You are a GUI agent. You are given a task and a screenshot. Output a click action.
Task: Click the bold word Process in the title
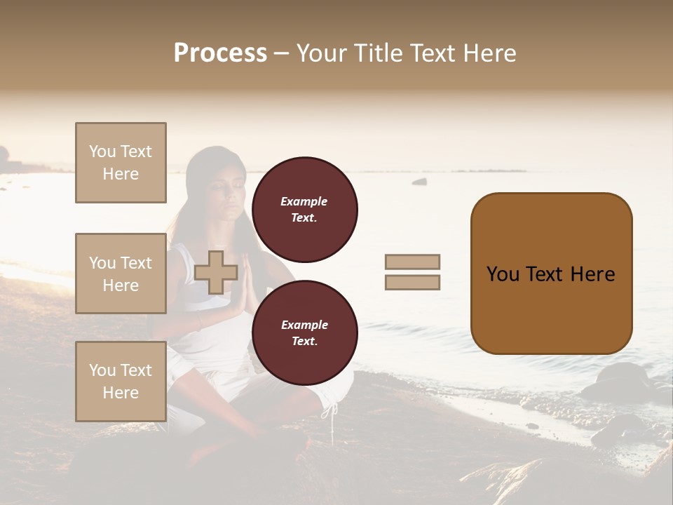220,53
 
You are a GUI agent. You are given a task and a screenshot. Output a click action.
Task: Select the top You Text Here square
121,163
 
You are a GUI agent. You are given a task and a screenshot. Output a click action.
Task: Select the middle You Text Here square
121,274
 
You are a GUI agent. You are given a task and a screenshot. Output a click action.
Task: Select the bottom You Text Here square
121,382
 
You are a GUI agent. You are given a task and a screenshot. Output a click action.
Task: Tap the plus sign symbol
215,272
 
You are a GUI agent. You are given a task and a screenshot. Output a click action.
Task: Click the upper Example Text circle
304,210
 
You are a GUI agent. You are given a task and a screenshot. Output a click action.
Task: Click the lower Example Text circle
304,333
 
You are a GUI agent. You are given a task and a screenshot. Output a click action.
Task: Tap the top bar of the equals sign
412,262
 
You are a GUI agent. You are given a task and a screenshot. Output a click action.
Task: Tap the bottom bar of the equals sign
412,283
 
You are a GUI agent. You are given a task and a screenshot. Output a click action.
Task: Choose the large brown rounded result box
551,274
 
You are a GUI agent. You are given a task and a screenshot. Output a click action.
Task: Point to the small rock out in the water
419,182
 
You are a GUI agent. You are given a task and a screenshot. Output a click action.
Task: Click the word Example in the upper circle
304,202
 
